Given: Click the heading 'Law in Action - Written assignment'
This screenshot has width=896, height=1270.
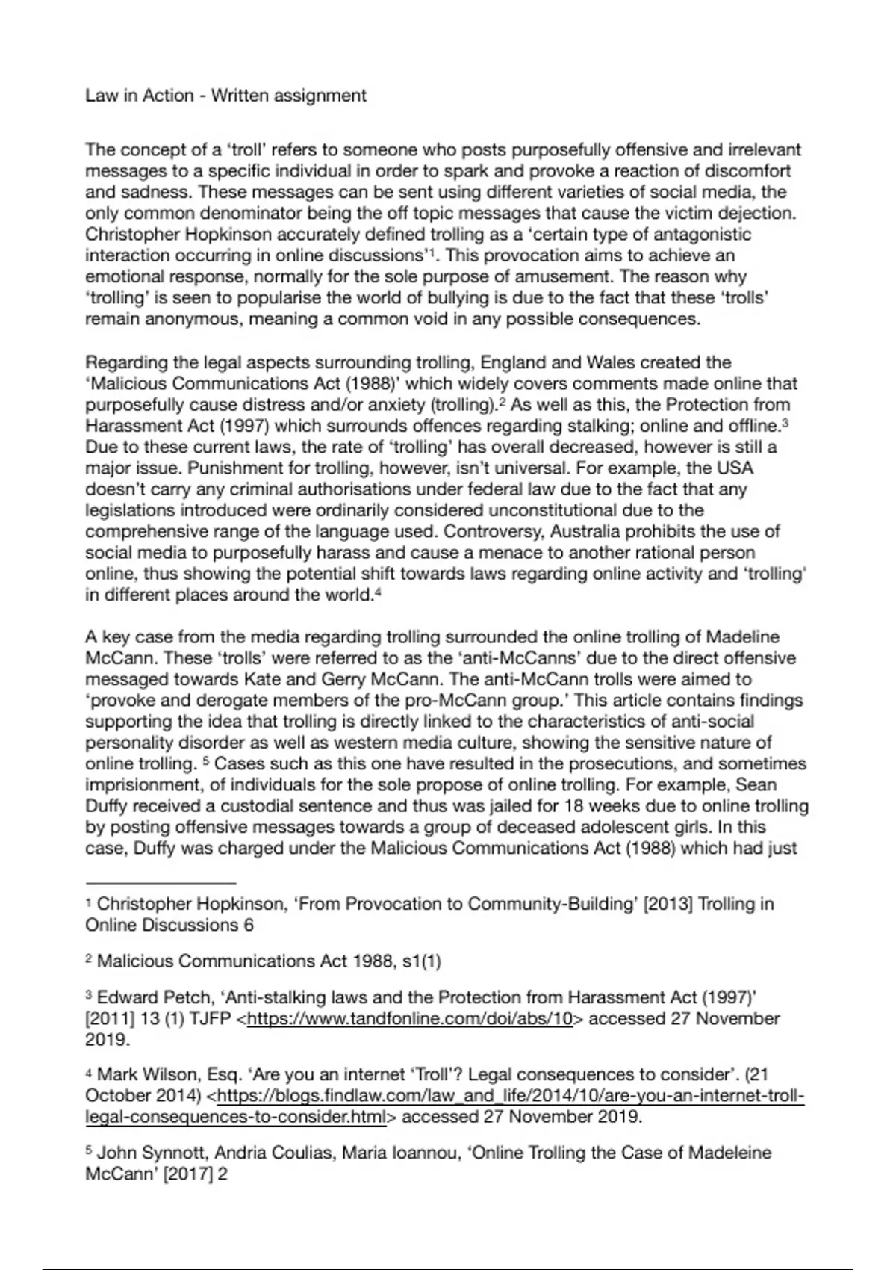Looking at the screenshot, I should (225, 96).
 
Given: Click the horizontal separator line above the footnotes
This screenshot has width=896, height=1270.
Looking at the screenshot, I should (161, 882).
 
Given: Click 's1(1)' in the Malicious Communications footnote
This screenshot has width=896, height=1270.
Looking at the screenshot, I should (421, 961).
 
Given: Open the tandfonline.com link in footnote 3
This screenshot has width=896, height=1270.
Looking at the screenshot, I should (409, 1019).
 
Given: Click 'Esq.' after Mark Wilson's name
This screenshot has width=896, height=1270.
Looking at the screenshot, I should (224, 1075).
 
